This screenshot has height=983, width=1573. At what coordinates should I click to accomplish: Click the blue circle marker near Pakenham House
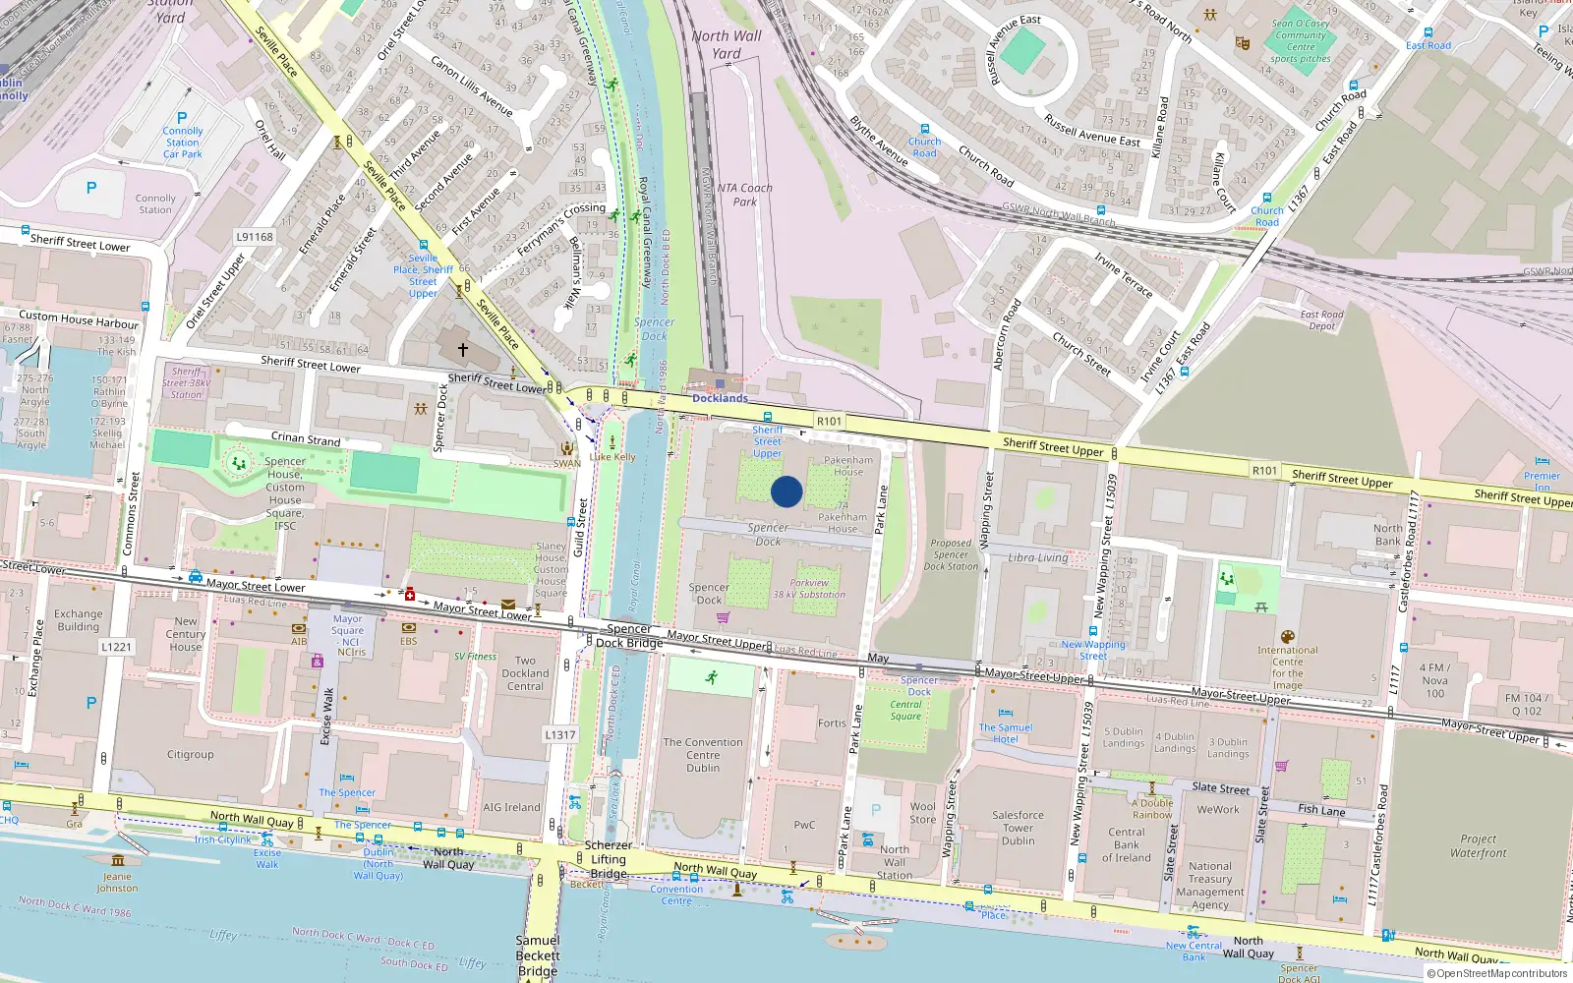(786, 491)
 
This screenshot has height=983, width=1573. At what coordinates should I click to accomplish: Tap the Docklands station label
(720, 398)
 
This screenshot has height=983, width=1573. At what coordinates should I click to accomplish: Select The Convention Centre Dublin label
(703, 755)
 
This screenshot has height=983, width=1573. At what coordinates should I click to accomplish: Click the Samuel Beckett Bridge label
(538, 955)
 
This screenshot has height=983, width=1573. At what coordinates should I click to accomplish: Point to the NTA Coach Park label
(745, 195)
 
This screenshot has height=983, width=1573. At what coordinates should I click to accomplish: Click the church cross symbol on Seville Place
(462, 349)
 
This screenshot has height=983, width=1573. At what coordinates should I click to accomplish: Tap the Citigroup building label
(190, 755)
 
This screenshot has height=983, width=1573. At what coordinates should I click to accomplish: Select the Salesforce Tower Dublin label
(1018, 828)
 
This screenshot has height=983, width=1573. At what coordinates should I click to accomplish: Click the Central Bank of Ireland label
(1126, 844)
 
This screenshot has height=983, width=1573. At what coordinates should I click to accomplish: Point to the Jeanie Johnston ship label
(117, 882)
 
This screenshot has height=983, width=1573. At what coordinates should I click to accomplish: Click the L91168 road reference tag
(255, 237)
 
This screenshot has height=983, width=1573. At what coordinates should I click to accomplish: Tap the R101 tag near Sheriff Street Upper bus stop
(829, 421)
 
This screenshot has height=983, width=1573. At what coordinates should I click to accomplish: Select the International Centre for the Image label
(1287, 667)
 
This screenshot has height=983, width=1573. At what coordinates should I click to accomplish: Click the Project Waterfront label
(1478, 846)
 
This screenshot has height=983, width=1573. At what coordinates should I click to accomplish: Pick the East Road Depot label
(1321, 320)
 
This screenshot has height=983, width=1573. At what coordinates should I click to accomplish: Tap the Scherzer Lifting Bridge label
(608, 859)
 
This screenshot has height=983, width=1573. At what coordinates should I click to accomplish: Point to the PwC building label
(804, 825)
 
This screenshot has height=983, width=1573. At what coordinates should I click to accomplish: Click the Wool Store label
(922, 813)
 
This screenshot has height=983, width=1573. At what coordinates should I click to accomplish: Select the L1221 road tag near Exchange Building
(116, 647)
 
